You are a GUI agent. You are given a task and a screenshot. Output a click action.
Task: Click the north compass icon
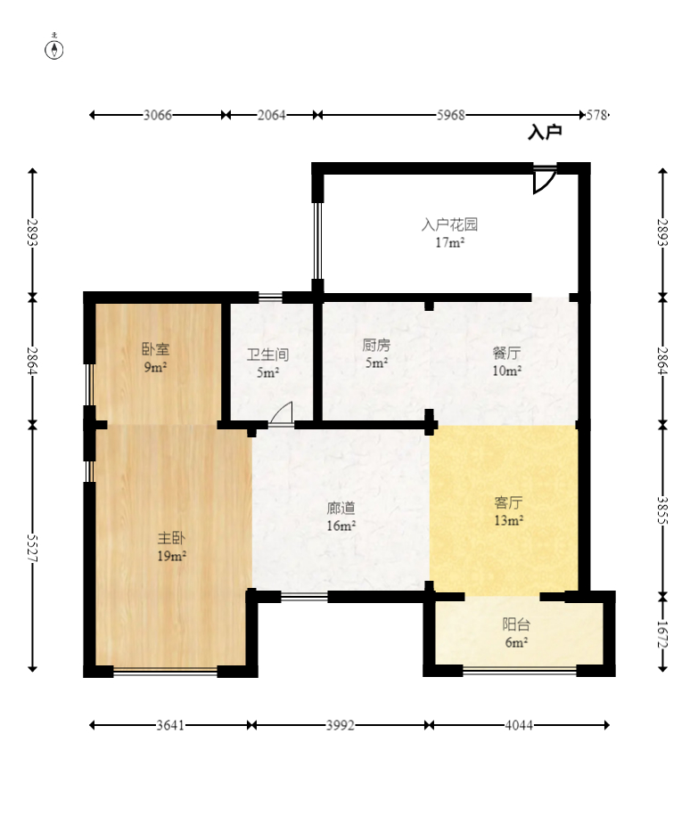coord(54,49)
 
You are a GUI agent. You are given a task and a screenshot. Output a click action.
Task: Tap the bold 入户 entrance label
coord(545,133)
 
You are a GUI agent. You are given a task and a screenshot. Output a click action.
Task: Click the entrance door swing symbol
coord(544,180)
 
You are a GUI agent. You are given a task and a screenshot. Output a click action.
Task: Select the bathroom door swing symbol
coord(281,414)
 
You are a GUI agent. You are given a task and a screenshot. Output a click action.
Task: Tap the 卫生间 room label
coord(267,355)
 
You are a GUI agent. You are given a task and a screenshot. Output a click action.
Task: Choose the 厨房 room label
coord(375,346)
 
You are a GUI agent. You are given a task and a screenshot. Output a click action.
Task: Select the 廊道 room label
coord(341,508)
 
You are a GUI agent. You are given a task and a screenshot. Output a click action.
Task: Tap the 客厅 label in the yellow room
coord(508,502)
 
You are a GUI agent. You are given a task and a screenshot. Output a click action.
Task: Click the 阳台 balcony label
coord(516,624)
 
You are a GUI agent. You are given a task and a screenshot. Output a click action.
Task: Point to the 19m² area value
coord(171,557)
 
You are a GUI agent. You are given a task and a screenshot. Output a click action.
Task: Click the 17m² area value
coord(449,242)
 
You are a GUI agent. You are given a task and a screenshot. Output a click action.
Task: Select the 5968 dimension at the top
coord(451,115)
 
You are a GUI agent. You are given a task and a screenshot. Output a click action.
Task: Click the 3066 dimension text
coord(157,115)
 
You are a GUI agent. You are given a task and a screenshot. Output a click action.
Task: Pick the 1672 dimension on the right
coord(661,632)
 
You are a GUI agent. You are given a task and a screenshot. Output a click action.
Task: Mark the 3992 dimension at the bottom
coord(340,725)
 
